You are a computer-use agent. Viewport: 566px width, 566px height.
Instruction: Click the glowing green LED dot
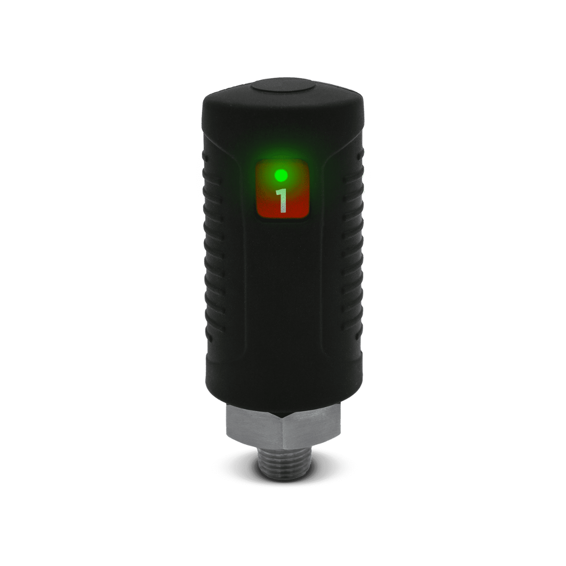click(281, 176)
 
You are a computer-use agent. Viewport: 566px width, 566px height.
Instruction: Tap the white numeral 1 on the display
click(282, 200)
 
